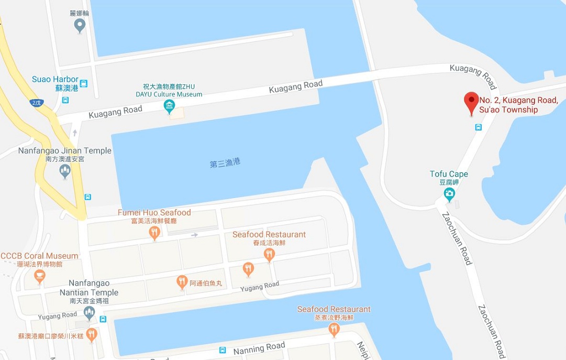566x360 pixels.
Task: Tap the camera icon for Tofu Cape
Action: point(449,194)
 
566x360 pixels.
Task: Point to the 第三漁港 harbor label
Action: point(225,163)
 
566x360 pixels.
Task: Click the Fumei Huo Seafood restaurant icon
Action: point(154,233)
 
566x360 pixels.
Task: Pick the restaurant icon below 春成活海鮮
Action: point(269,255)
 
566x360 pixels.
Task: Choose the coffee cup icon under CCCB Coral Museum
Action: point(40,276)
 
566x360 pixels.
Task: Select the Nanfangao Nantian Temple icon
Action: point(89,313)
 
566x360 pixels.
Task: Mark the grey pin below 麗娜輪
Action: point(80,25)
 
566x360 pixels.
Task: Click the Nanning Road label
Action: point(260,347)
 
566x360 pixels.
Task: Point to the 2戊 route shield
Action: point(36,103)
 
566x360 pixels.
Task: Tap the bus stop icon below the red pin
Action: point(479,127)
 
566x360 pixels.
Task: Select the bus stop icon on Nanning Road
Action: point(223,350)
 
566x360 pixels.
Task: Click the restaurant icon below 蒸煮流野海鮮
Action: point(334,329)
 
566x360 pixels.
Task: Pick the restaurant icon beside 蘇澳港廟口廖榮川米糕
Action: point(92,335)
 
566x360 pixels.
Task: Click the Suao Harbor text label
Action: point(55,80)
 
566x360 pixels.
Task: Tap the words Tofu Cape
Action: point(449,174)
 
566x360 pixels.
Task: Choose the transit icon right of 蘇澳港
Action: point(84,83)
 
